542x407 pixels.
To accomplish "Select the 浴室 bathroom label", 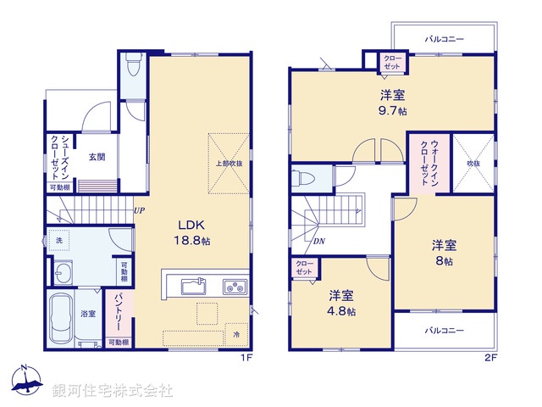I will [x=88, y=314].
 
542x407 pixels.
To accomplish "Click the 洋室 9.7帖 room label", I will [x=392, y=103].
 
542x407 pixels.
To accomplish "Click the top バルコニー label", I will [x=444, y=39].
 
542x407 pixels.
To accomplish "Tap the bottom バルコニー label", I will [x=444, y=330].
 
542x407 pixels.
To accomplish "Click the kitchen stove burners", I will [x=234, y=287].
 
